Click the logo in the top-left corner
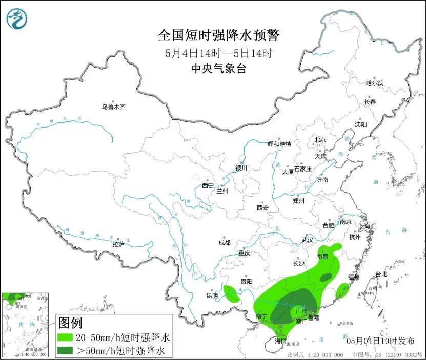(16, 19)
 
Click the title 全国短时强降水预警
(219, 35)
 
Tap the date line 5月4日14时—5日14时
(218, 53)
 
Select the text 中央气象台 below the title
(218, 69)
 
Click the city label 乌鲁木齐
(113, 107)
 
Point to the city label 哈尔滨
(374, 82)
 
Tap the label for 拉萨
(118, 244)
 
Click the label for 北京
(320, 140)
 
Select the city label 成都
(224, 243)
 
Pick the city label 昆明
(212, 295)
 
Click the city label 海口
(280, 341)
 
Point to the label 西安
(262, 208)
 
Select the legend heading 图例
(71, 323)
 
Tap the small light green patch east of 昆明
(232, 293)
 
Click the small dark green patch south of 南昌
(326, 277)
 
